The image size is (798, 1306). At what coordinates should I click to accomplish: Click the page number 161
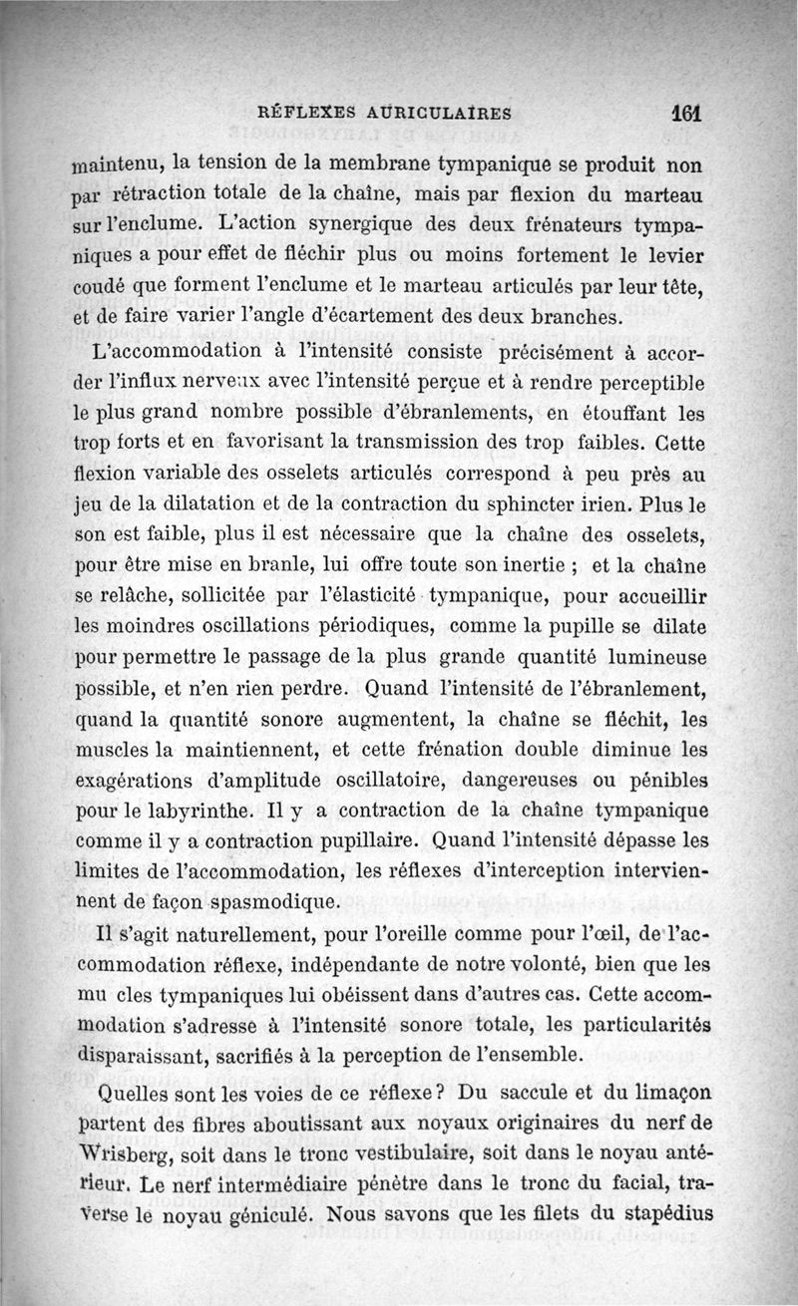tap(687, 113)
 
